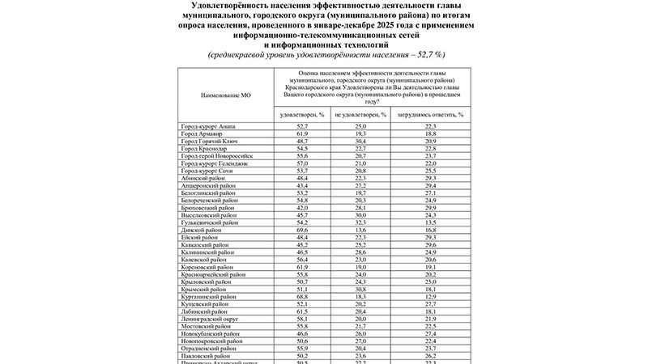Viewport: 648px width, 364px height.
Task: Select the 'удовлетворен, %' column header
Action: [301, 115]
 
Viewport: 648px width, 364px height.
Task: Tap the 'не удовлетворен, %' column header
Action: [360, 115]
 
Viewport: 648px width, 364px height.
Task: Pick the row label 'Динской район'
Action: [202, 230]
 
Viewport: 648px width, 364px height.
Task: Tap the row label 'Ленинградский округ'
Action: [211, 319]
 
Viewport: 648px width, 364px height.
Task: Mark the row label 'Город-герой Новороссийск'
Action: [217, 155]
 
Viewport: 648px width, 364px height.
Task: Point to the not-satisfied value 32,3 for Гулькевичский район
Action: [360, 222]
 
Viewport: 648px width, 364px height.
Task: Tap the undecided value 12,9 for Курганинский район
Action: [430, 296]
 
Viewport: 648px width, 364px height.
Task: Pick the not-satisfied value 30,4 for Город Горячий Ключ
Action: [360, 141]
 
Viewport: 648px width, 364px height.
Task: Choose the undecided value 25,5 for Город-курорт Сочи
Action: [430, 171]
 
